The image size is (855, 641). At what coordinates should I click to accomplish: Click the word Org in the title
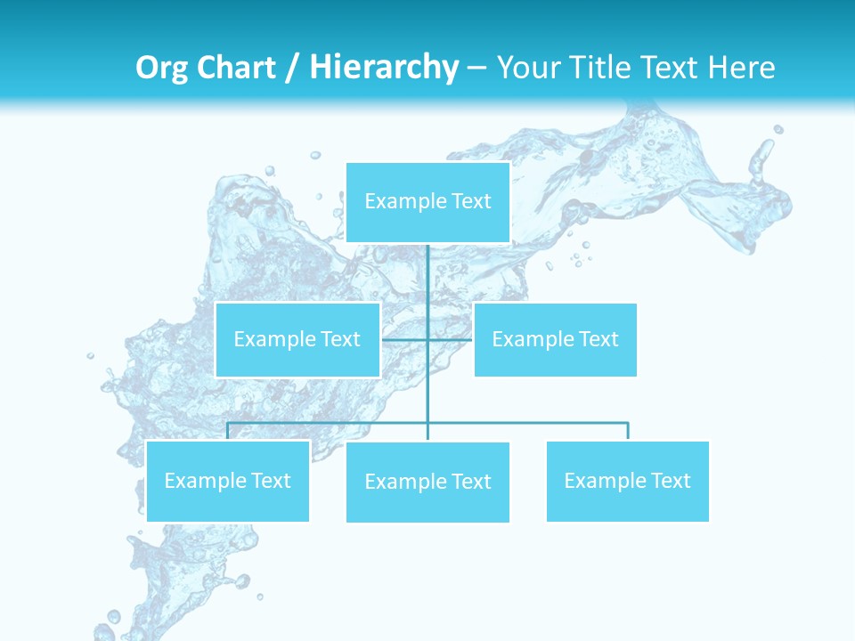click(x=162, y=68)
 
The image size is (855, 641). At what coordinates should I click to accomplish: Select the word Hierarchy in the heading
click(x=383, y=68)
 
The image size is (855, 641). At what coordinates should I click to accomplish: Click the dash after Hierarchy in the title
click(x=476, y=68)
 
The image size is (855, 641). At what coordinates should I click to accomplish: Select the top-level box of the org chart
click(x=427, y=202)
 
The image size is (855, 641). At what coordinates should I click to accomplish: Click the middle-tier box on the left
click(x=297, y=339)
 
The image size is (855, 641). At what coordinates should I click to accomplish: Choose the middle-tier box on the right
click(x=555, y=339)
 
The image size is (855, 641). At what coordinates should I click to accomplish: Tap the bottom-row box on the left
click(x=227, y=481)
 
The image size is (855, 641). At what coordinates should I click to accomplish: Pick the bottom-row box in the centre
click(x=427, y=482)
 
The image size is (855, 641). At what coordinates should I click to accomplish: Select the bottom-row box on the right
click(x=627, y=481)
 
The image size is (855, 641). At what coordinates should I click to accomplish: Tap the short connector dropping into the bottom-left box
click(x=227, y=431)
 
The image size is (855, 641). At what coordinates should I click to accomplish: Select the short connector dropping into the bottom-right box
click(x=628, y=431)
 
